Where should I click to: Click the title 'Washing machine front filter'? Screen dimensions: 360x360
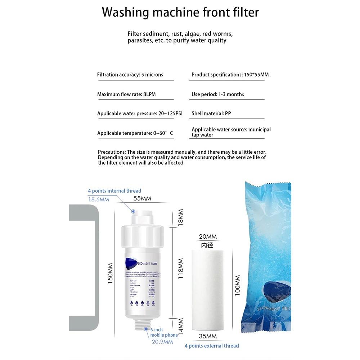(x=180, y=12)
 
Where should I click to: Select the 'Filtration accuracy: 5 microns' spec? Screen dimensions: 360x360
(x=130, y=75)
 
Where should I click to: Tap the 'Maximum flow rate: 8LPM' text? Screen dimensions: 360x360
(x=126, y=94)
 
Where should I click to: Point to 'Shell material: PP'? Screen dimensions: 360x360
(x=211, y=113)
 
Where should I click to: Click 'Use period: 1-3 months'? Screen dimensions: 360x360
(x=217, y=94)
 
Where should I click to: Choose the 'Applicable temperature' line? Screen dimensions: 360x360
(x=135, y=133)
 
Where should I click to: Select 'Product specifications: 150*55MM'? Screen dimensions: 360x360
(x=230, y=75)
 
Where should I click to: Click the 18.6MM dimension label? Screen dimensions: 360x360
(x=99, y=199)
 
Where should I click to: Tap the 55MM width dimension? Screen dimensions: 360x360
(x=142, y=198)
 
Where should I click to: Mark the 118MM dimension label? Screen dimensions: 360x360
(x=181, y=268)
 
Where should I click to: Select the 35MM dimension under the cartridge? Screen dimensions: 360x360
(x=208, y=336)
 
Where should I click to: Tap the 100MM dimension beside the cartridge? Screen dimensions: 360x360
(x=237, y=285)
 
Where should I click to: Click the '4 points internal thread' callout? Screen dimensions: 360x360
(x=114, y=191)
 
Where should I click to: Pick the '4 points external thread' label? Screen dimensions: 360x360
(x=212, y=346)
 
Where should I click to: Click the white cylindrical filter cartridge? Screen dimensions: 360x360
(x=207, y=290)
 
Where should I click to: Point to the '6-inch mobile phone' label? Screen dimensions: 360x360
(x=164, y=332)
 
